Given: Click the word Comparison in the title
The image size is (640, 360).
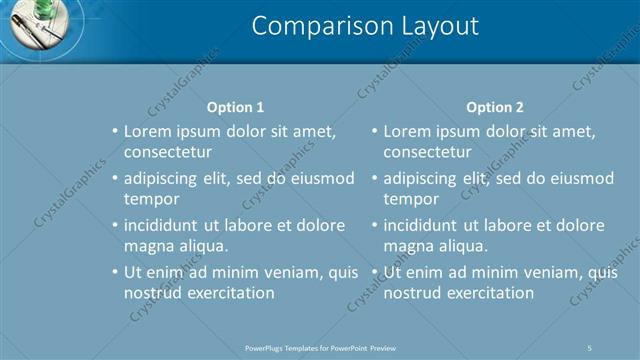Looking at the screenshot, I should (311, 26).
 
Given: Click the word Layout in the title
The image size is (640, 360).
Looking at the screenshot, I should (430, 26).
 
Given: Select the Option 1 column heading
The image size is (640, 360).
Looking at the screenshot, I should (235, 107).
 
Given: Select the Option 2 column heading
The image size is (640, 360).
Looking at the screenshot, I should (494, 107).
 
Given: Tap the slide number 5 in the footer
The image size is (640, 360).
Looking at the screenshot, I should (590, 347).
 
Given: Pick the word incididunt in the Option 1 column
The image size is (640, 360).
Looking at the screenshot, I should (165, 225).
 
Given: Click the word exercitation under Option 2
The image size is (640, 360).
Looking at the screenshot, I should (488, 293).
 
